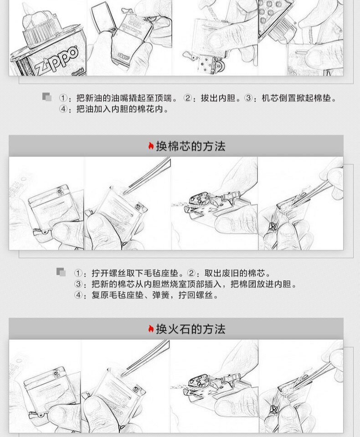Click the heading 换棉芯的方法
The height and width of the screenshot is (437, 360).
(x=190, y=146)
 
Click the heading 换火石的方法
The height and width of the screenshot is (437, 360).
(x=190, y=329)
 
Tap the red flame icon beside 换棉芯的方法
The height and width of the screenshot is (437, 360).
(x=151, y=146)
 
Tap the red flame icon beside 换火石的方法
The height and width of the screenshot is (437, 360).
(x=151, y=329)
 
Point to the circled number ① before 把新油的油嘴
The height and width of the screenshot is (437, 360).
(x=63, y=98)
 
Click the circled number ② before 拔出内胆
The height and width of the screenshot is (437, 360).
(x=188, y=98)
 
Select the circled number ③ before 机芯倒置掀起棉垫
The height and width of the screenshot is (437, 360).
(x=248, y=98)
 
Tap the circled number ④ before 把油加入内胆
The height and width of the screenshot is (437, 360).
(x=63, y=109)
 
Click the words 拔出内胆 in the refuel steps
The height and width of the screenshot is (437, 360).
(x=218, y=98)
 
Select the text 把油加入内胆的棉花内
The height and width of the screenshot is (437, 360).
(x=119, y=109)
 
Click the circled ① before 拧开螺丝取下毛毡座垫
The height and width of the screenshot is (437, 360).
(x=78, y=273)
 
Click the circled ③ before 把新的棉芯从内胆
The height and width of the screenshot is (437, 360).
(x=78, y=284)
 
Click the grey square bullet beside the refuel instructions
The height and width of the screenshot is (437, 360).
(x=47, y=97)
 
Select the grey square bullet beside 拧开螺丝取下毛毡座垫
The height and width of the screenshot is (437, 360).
(x=61, y=272)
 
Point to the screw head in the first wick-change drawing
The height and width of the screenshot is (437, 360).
(x=59, y=191)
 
